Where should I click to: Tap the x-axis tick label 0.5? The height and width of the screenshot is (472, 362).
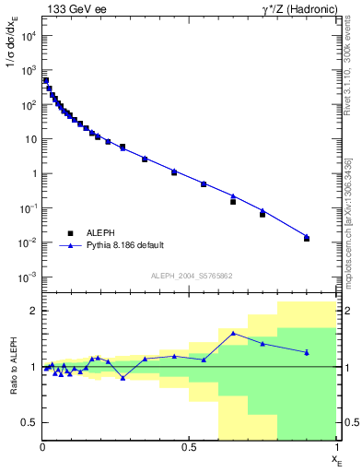[x=189, y=449]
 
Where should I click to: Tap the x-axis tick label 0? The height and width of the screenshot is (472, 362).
[x=42, y=449]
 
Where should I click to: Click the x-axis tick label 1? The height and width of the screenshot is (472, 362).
[x=335, y=449]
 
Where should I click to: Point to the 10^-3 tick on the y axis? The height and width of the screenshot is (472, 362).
[x=28, y=277]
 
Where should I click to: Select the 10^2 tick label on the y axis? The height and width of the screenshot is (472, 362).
[x=28, y=105]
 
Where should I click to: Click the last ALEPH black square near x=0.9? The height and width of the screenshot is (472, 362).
[x=307, y=239]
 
